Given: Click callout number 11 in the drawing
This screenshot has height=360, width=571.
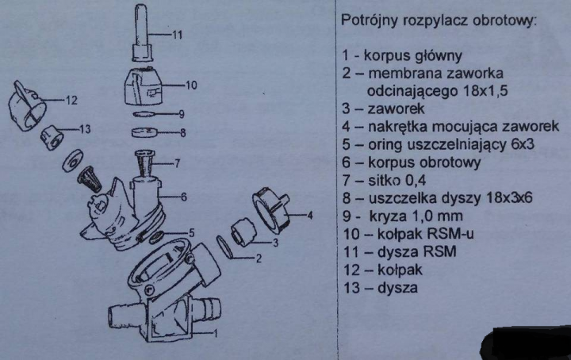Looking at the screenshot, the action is (177, 35).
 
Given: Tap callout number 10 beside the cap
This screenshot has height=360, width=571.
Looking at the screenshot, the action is (192, 85).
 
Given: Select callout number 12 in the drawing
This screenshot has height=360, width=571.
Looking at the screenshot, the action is (71, 100).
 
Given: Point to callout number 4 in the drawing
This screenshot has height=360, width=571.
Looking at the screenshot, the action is (310, 216).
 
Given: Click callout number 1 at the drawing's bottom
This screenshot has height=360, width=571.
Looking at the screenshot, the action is (215, 333).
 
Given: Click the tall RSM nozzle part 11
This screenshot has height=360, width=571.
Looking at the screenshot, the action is (142, 32).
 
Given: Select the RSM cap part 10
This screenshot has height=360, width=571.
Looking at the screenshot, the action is (143, 86).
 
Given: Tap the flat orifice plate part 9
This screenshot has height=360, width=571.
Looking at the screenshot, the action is (144, 114).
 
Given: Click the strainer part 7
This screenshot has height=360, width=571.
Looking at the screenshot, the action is (145, 163).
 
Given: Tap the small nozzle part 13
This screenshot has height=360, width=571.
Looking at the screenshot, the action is (52, 138).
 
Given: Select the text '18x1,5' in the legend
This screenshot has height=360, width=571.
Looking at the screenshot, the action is (485, 90).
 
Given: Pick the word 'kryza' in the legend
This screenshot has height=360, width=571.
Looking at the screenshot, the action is (388, 216).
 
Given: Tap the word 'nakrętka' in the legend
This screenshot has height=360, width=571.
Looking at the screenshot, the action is (397, 127).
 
